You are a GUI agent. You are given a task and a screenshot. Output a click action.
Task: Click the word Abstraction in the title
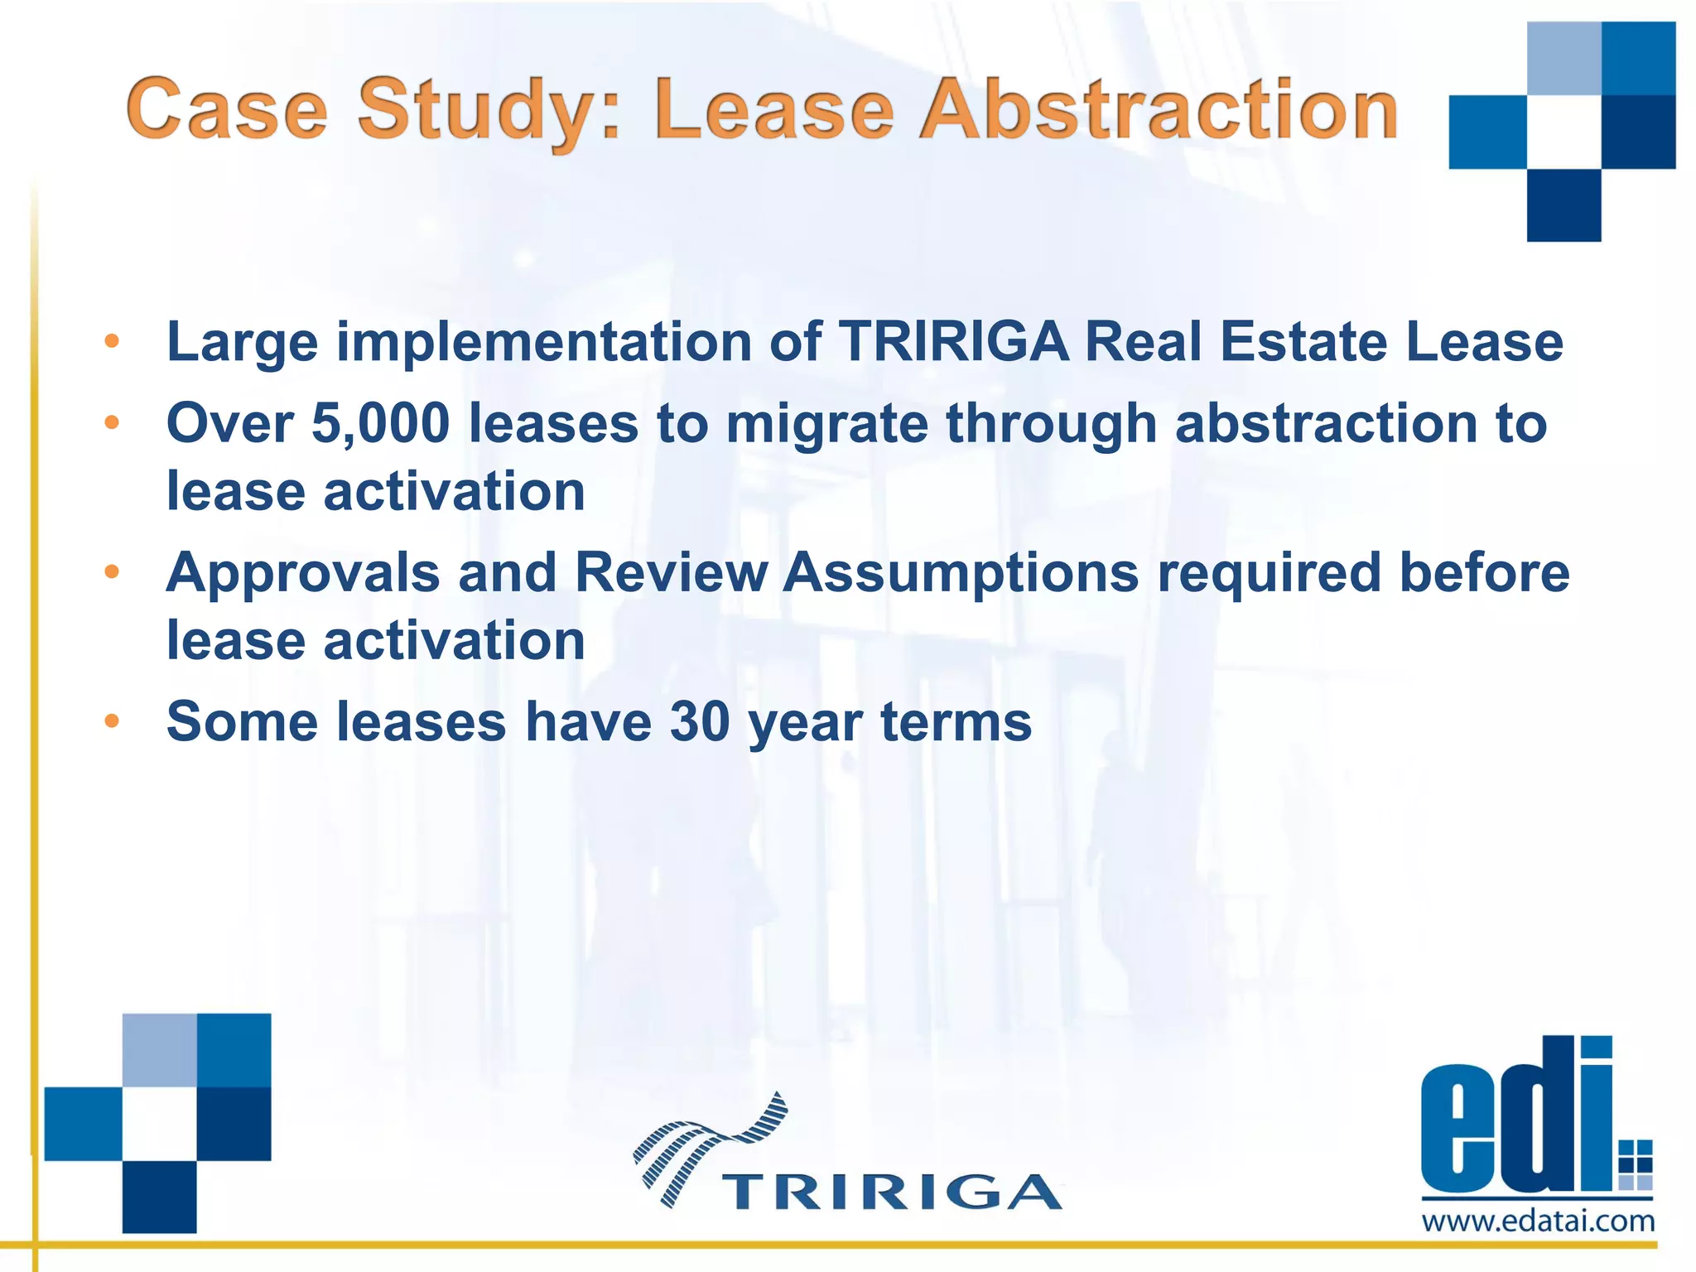click(1159, 110)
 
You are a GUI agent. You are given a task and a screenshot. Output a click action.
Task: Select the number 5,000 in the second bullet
click(380, 423)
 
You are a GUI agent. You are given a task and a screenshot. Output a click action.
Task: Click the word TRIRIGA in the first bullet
click(953, 341)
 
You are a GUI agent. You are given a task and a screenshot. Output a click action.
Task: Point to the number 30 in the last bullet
click(700, 721)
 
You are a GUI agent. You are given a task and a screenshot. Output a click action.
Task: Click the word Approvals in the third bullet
click(303, 573)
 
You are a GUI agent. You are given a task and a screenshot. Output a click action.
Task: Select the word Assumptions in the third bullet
click(961, 573)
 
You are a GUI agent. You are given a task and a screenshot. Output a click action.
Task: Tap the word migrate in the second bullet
click(827, 423)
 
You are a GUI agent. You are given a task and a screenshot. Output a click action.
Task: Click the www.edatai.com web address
click(1538, 1221)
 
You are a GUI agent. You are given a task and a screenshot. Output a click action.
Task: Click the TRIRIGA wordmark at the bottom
click(891, 1192)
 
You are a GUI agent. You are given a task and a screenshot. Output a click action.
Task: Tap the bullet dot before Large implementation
click(112, 341)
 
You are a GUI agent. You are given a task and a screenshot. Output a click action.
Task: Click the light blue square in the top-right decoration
click(1563, 58)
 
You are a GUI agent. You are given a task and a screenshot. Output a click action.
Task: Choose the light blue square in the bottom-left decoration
click(160, 1050)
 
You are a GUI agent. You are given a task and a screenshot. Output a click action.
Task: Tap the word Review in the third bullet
click(671, 573)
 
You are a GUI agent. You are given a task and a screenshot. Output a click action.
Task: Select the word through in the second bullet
click(1051, 423)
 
